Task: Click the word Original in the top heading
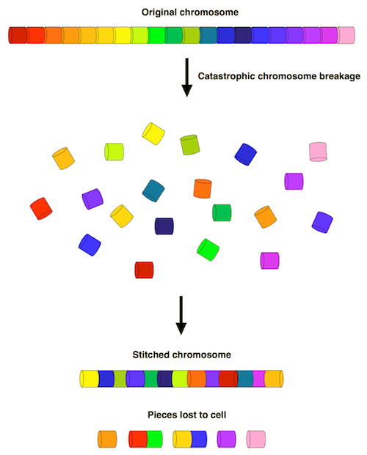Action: [x=159, y=12]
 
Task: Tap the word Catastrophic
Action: [x=227, y=76]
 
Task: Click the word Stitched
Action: [x=151, y=355]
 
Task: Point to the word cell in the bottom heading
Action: [x=218, y=415]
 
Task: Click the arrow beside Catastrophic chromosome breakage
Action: [x=187, y=77]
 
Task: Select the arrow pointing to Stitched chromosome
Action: [x=181, y=315]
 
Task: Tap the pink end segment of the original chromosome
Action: [x=346, y=35]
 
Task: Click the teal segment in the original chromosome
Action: [x=208, y=35]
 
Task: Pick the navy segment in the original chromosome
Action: [x=242, y=35]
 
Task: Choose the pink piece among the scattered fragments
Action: [x=318, y=152]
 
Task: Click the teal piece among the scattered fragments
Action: [x=153, y=190]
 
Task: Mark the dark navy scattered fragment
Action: [x=164, y=226]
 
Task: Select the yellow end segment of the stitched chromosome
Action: [x=90, y=379]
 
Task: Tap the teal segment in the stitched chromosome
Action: [x=245, y=379]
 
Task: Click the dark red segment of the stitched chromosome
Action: [x=228, y=379]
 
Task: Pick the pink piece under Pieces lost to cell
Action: [x=256, y=439]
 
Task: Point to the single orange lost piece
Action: [x=107, y=439]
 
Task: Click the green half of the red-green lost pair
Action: [x=154, y=439]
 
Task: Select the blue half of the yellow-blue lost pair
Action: [x=199, y=439]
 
